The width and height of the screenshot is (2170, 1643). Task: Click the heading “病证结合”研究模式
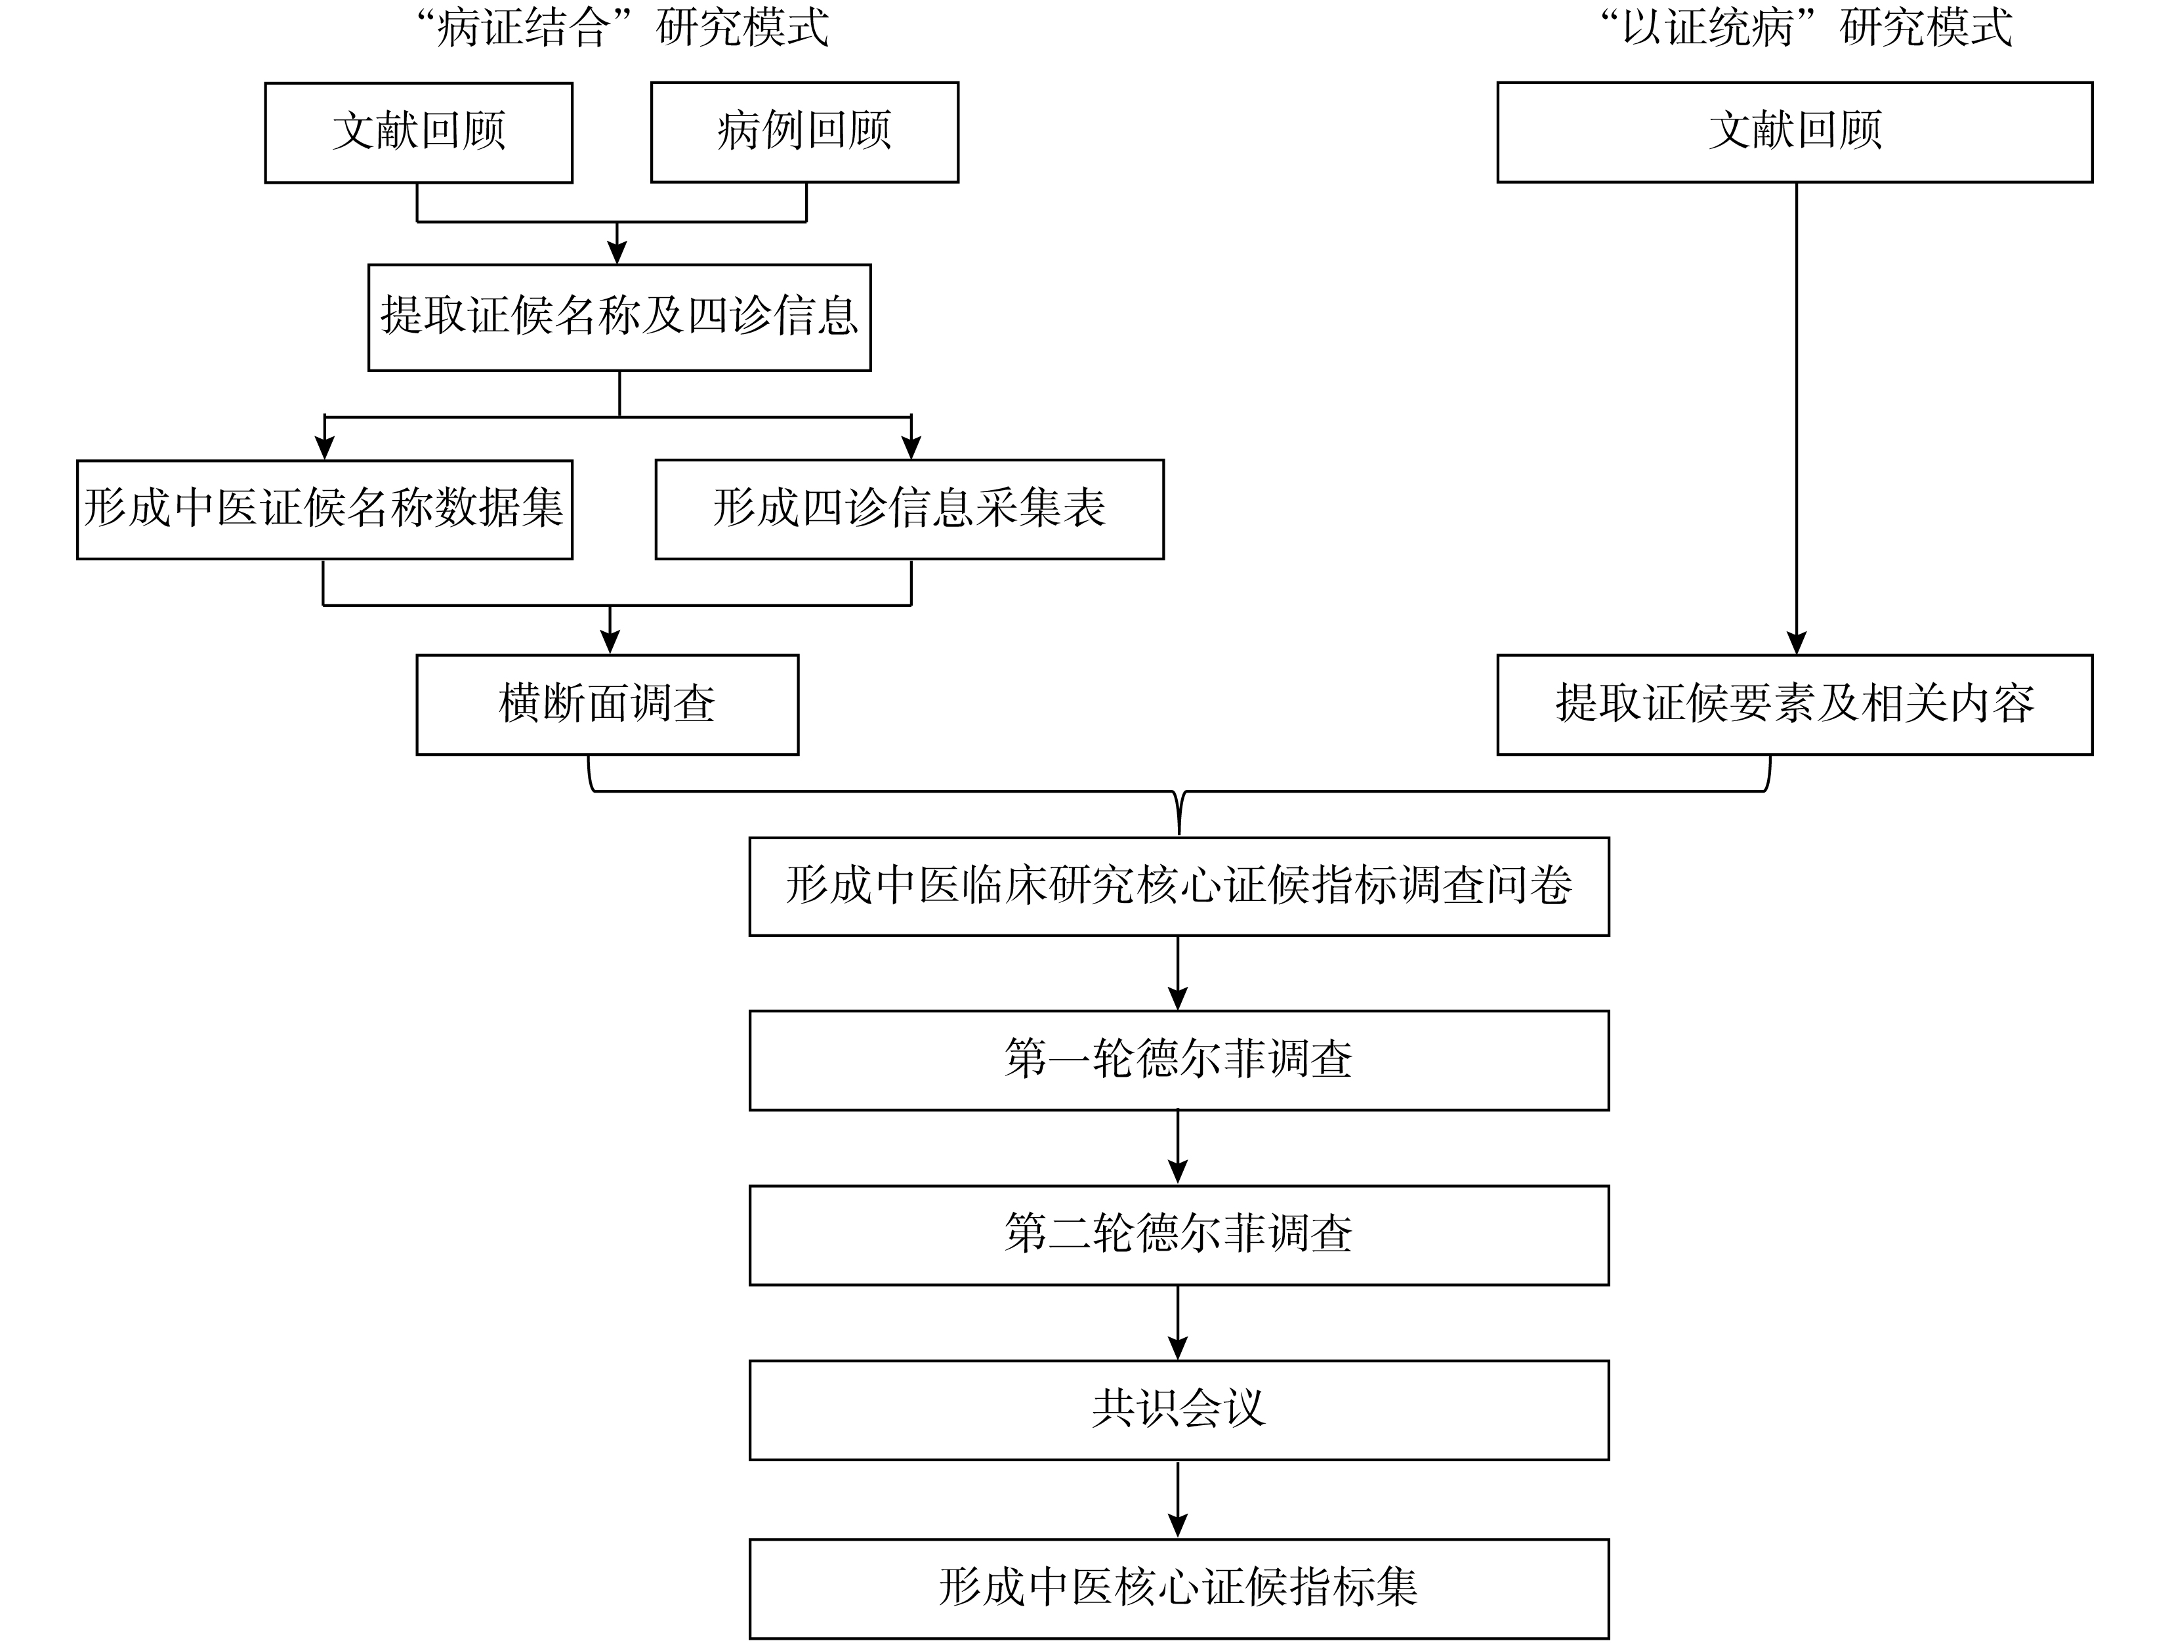622,28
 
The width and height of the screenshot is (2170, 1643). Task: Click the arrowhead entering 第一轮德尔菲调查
1179,999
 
